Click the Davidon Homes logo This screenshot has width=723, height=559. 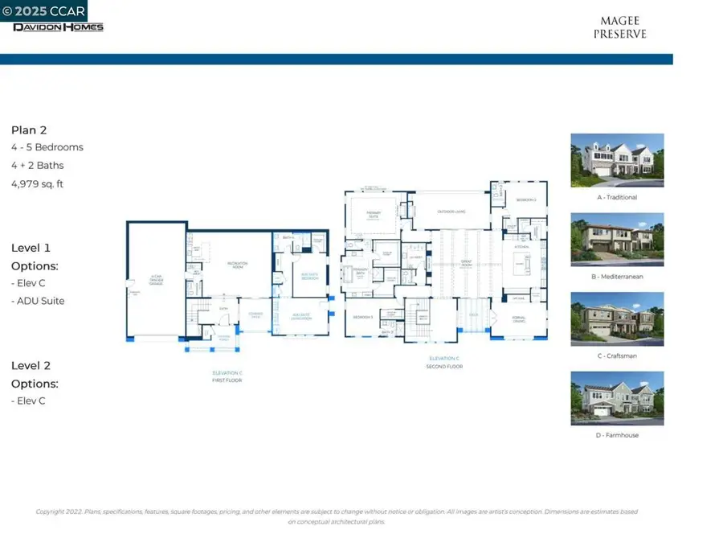pos(58,27)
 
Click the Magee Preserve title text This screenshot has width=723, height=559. pos(619,28)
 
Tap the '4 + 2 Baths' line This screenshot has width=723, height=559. pos(37,166)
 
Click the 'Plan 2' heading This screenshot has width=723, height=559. pos(29,129)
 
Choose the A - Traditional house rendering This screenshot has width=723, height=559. pos(617,160)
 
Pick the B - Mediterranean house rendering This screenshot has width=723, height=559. pos(617,239)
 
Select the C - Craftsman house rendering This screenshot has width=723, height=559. pos(617,318)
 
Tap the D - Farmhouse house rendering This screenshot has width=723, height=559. pos(617,397)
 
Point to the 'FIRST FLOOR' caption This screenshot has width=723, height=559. pos(227,380)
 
